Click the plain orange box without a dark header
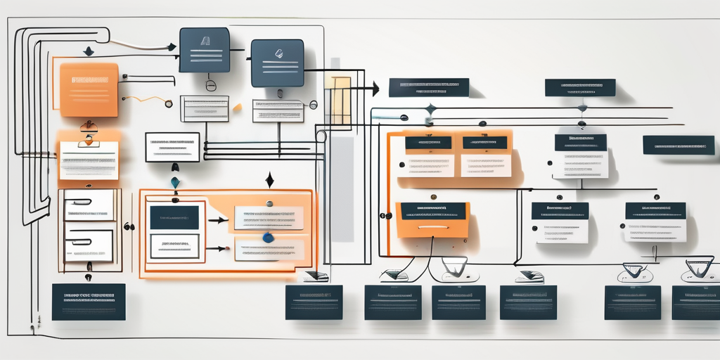pyautogui.click(x=89, y=89)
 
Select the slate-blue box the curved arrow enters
pyautogui.click(x=204, y=50)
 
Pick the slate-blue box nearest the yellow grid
pyautogui.click(x=277, y=63)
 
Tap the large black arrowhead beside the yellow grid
pyautogui.click(x=375, y=89)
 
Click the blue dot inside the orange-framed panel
pyautogui.click(x=268, y=238)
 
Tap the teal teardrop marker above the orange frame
pyautogui.click(x=175, y=182)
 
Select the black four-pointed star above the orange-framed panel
pyautogui.click(x=269, y=181)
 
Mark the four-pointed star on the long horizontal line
pyautogui.click(x=431, y=109)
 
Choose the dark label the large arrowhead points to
pyautogui.click(x=428, y=87)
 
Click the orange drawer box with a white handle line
pyautogui.click(x=432, y=219)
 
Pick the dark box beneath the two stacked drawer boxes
pyautogui.click(x=89, y=302)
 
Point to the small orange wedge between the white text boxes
pyautogui.click(x=238, y=108)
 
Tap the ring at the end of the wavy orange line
pyautogui.click(x=168, y=104)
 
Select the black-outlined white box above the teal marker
pyautogui.click(x=172, y=147)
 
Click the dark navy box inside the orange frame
pyautogui.click(x=174, y=217)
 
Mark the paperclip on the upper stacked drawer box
pyautogui.click(x=81, y=202)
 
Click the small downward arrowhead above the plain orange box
pyautogui.click(x=88, y=52)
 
